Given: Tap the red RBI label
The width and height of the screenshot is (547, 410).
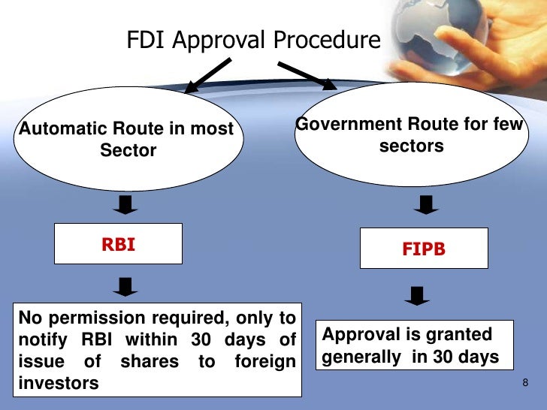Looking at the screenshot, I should pyautogui.click(x=119, y=244).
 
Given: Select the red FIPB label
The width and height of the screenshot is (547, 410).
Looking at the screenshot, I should pyautogui.click(x=424, y=249).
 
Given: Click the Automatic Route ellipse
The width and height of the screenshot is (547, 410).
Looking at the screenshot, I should pyautogui.click(x=126, y=140).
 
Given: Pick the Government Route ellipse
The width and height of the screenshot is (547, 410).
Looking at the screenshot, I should pyautogui.click(x=409, y=135).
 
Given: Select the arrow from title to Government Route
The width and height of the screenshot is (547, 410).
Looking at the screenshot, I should pyautogui.click(x=308, y=77).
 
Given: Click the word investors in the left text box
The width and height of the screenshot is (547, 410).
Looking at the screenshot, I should pyautogui.click(x=57, y=383).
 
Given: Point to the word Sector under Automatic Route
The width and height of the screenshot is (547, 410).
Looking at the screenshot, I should pyautogui.click(x=128, y=150).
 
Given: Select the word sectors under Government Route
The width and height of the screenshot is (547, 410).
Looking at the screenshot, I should pyautogui.click(x=411, y=146).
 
